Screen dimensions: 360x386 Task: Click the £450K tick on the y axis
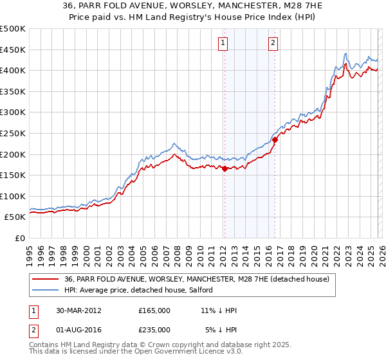pyautogui.click(x=13, y=50)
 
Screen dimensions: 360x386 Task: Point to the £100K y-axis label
pyautogui.click(x=13, y=196)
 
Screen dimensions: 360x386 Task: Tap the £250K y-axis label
pyautogui.click(x=13, y=133)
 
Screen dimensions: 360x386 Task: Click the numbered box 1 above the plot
pyautogui.click(x=223, y=43)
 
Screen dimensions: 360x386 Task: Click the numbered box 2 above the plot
pyautogui.click(x=273, y=43)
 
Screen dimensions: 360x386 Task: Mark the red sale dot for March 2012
pyautogui.click(x=225, y=169)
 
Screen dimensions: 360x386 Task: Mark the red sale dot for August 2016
pyautogui.click(x=275, y=139)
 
